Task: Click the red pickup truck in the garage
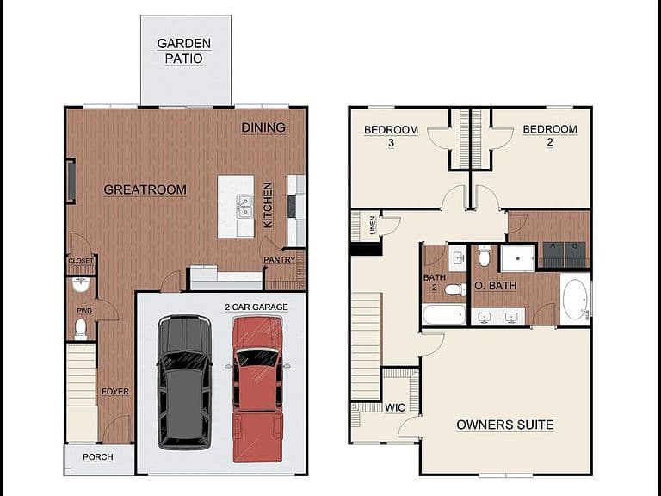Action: point(257,389)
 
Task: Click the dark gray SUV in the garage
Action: point(185,382)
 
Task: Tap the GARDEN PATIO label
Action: point(184,51)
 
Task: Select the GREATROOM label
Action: point(145,189)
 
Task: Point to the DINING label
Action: point(263,127)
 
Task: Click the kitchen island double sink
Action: point(244,207)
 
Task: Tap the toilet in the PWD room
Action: point(81,330)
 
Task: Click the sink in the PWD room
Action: point(81,285)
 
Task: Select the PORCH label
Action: point(98,457)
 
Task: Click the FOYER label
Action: point(115,392)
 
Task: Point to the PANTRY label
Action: point(279,260)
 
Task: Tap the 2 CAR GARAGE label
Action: point(256,307)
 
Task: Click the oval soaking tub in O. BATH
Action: point(576,299)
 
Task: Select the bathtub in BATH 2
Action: point(444,314)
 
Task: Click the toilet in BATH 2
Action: point(455,289)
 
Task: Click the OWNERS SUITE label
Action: point(505,425)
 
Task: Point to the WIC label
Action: point(395,408)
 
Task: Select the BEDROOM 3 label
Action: point(392,136)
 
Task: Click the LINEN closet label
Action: point(372,226)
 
